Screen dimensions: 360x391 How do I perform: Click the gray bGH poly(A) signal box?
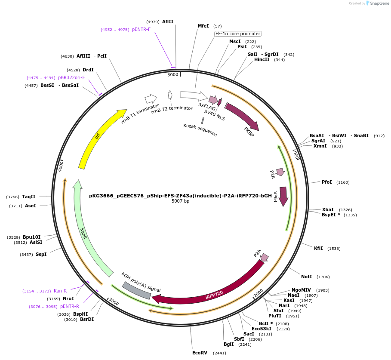point(136,290)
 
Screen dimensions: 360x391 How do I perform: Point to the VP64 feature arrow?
point(283,196)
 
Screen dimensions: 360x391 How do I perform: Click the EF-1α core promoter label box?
point(238,34)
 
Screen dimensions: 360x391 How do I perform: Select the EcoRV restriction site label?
point(200,353)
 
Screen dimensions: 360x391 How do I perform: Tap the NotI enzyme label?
point(306,277)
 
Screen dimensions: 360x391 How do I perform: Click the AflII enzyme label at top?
point(168,22)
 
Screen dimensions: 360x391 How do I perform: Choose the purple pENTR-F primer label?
point(141,30)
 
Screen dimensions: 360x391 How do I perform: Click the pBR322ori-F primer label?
point(71,78)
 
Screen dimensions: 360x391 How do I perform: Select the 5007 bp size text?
point(180,201)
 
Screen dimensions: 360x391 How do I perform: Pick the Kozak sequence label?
point(200,130)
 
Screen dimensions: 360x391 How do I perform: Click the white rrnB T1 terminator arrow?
point(151,99)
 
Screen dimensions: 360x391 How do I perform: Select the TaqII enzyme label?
point(28,197)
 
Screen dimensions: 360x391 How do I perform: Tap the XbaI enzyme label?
point(328,209)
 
